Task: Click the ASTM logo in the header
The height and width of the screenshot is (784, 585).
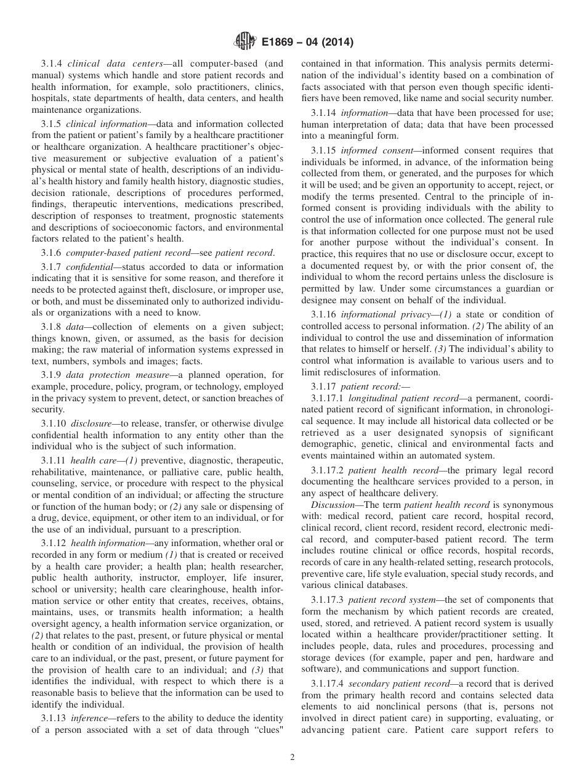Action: (245, 42)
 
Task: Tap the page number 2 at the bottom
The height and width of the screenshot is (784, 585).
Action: (292, 757)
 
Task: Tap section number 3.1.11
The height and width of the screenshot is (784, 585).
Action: (54, 460)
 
